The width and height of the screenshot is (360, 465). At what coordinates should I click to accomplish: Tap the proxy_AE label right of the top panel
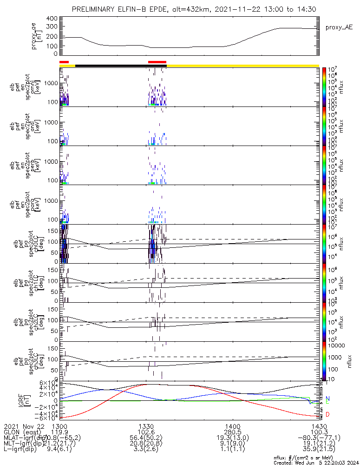click(x=337, y=27)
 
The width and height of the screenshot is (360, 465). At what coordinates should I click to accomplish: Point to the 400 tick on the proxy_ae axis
click(x=52, y=19)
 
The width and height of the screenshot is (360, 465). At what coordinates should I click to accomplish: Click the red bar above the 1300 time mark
click(x=64, y=62)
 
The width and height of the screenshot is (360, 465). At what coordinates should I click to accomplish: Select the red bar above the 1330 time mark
click(x=157, y=62)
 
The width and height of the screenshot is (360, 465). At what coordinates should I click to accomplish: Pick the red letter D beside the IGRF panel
click(x=327, y=414)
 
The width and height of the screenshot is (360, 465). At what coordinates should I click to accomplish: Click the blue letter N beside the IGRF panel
click(x=327, y=399)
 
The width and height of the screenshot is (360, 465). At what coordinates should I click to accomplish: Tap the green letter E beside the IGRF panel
click(x=327, y=402)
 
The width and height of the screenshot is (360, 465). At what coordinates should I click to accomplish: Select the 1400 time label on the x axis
click(x=232, y=426)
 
